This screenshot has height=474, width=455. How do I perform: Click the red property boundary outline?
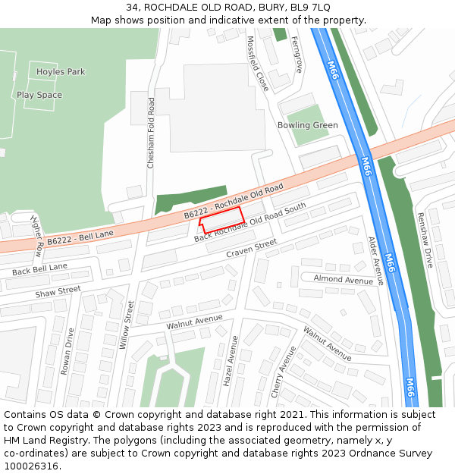coord(221,219)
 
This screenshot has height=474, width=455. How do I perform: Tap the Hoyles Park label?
coord(61,72)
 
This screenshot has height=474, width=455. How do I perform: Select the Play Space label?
coord(39,96)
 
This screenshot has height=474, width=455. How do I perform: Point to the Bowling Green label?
coord(307,125)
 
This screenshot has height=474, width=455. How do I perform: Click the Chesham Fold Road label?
coord(151,133)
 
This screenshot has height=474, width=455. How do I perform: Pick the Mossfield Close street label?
coord(258,63)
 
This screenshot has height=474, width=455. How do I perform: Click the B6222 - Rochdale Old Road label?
coord(234,202)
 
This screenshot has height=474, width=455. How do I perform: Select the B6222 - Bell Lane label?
coord(80,238)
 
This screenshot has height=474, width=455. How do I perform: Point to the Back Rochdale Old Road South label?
coord(250,223)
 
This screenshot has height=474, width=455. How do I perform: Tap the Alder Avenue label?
coord(376,260)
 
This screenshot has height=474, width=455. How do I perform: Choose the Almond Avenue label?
coord(344,280)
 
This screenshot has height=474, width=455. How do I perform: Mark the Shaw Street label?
coord(58,290)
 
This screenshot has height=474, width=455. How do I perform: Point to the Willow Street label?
coord(130,325)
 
